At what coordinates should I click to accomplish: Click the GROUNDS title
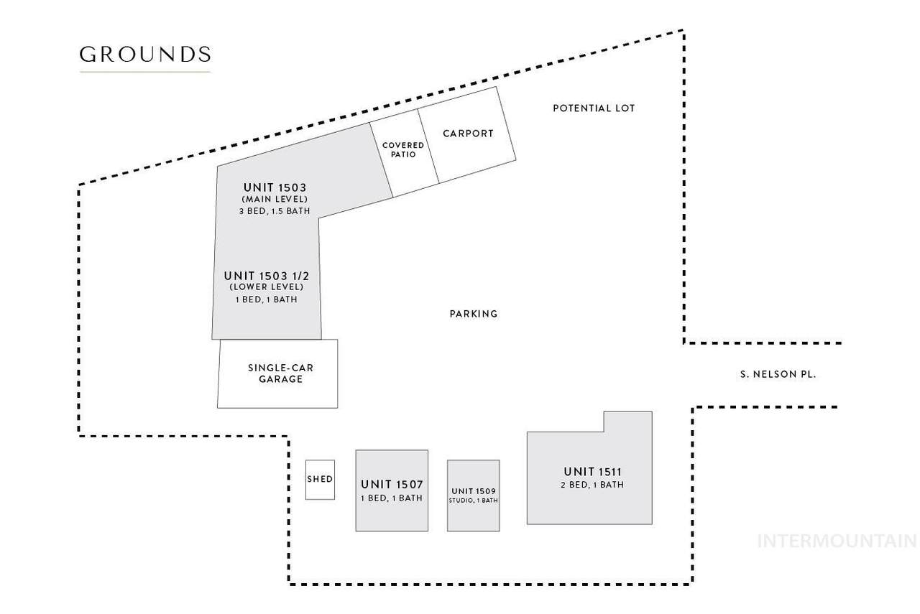coord(144,55)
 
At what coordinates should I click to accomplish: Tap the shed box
coord(320,479)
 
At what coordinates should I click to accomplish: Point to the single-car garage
coord(277,373)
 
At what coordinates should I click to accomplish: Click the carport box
coord(468,134)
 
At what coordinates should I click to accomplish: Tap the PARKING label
coord(474,314)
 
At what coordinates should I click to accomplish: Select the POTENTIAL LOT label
coord(594,108)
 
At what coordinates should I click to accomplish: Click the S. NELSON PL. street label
coord(778,374)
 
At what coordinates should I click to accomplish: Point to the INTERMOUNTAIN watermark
coord(837,541)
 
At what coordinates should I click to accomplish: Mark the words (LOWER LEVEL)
coord(267,287)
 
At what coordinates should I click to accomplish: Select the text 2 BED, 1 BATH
coord(592,485)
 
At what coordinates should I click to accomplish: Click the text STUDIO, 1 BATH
coord(474,501)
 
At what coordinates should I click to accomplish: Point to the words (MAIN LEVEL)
coord(275,199)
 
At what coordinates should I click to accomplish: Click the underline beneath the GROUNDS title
coord(144,72)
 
